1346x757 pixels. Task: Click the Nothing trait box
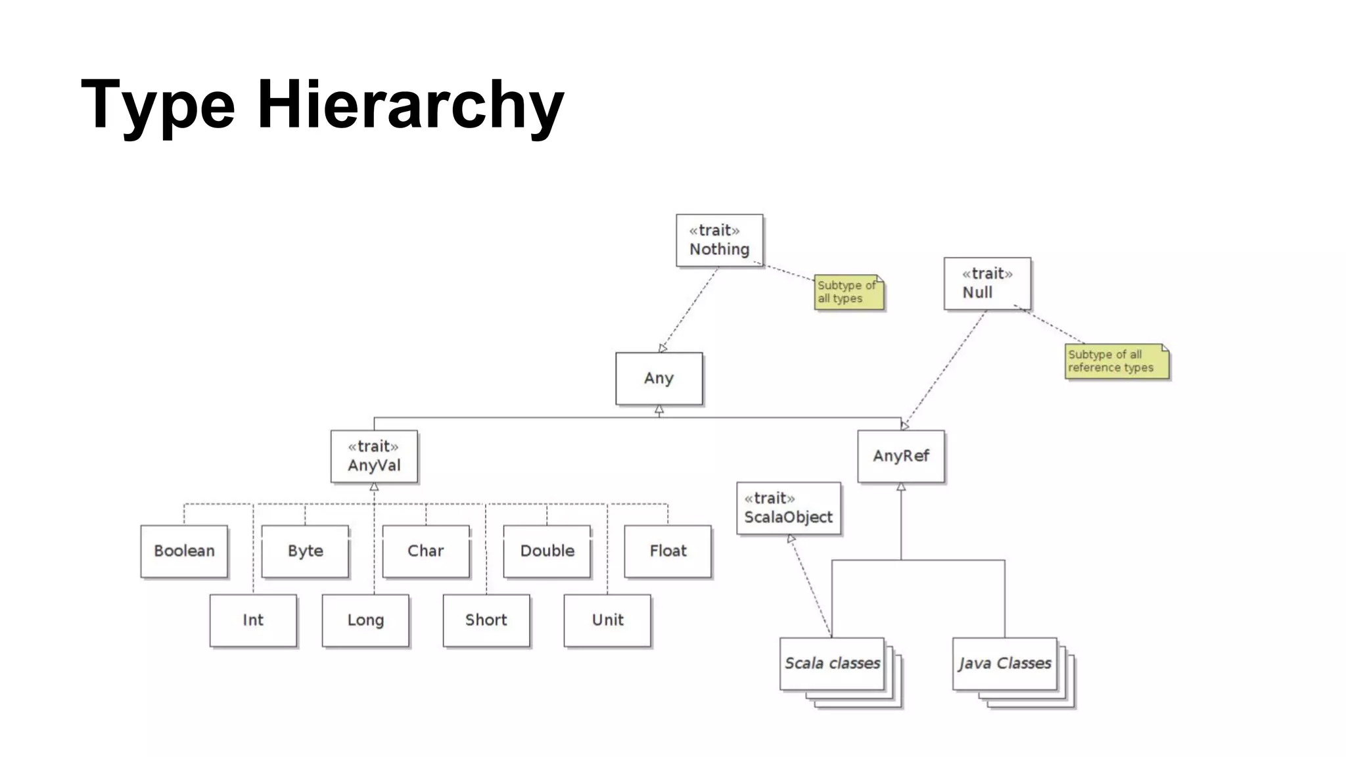click(x=719, y=240)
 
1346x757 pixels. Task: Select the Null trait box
click(x=986, y=283)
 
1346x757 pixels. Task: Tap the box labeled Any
click(x=659, y=378)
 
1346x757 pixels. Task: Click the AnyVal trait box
click(x=373, y=456)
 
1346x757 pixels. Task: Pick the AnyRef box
click(x=900, y=456)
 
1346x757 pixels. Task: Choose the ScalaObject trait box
click(x=788, y=508)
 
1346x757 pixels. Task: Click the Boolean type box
click(x=184, y=551)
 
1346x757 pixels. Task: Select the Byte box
click(x=305, y=551)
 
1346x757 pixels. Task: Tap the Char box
click(x=426, y=551)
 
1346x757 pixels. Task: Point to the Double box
click(x=547, y=551)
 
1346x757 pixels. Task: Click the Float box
click(x=668, y=551)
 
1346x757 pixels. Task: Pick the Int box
click(x=253, y=620)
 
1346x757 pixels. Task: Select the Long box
click(x=365, y=620)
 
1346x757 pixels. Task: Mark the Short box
click(x=486, y=620)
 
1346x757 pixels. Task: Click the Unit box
click(x=607, y=620)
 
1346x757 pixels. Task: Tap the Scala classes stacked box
click(x=832, y=664)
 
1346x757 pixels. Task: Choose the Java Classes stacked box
click(x=1004, y=664)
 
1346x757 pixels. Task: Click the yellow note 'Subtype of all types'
click(x=848, y=292)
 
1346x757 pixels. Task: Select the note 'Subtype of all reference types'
click(x=1116, y=361)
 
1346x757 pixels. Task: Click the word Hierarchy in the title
click(x=410, y=105)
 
